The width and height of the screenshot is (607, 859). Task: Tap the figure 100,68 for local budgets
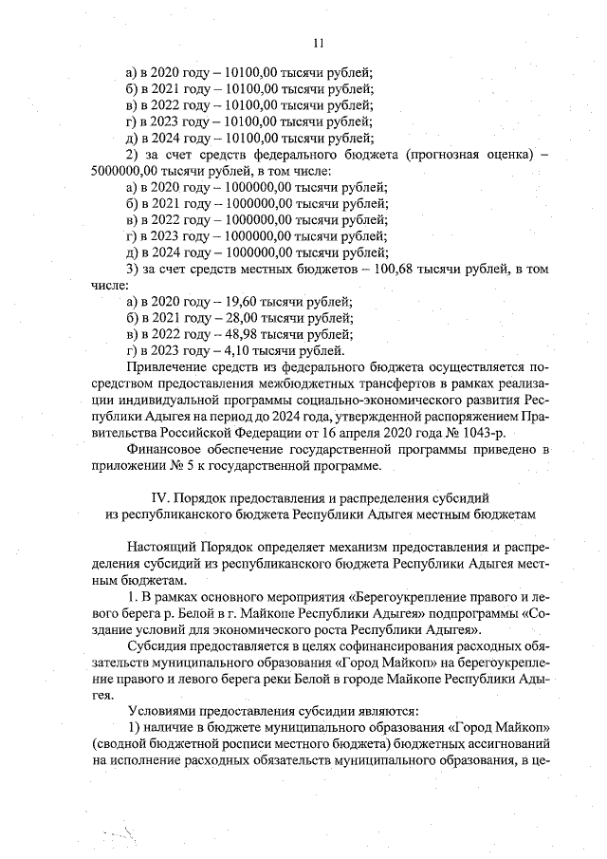coord(391,271)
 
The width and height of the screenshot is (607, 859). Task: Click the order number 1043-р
coord(480,434)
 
